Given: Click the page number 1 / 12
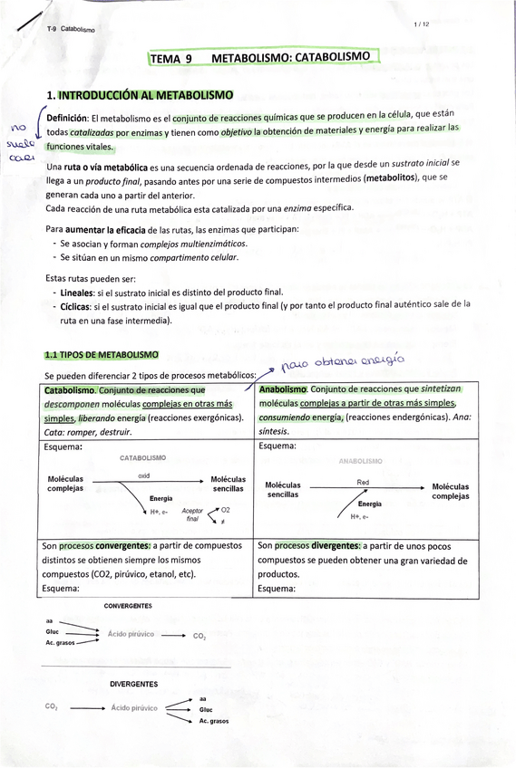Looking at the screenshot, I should (x=420, y=24).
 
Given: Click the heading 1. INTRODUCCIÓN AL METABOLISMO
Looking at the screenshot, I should (x=140, y=94).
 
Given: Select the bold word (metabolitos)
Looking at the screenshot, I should (x=393, y=178).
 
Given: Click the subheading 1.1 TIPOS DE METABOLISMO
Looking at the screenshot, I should (x=101, y=354).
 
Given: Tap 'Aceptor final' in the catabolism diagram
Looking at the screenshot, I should (x=192, y=515).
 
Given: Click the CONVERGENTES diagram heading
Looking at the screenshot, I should (x=128, y=605).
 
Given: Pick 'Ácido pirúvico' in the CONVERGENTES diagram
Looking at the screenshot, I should (x=130, y=635).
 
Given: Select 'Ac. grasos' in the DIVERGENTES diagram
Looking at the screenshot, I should (x=214, y=721).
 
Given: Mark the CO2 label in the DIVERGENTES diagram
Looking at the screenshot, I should (x=51, y=707).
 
